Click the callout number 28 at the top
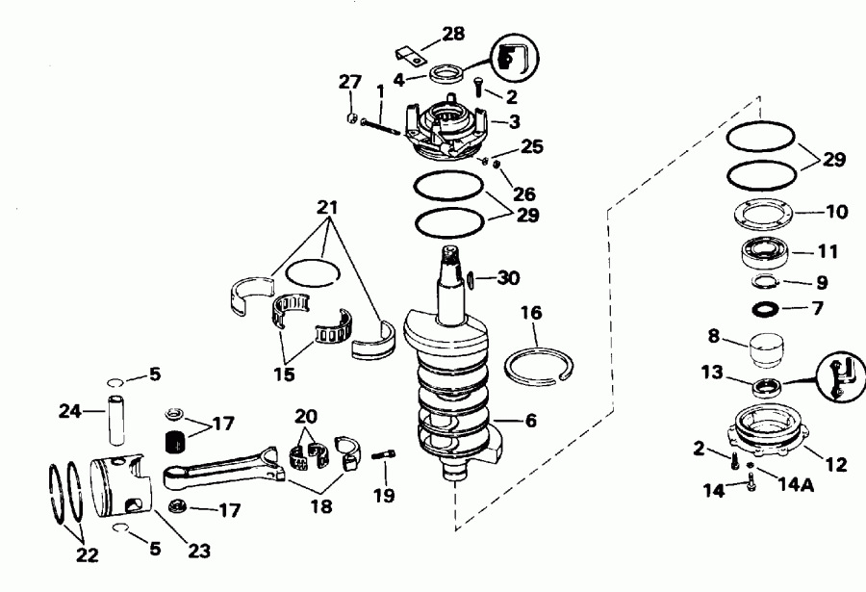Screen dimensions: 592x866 tap(452, 34)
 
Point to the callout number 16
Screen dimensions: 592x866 tap(531, 313)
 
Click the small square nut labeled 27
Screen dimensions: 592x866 tap(353, 118)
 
